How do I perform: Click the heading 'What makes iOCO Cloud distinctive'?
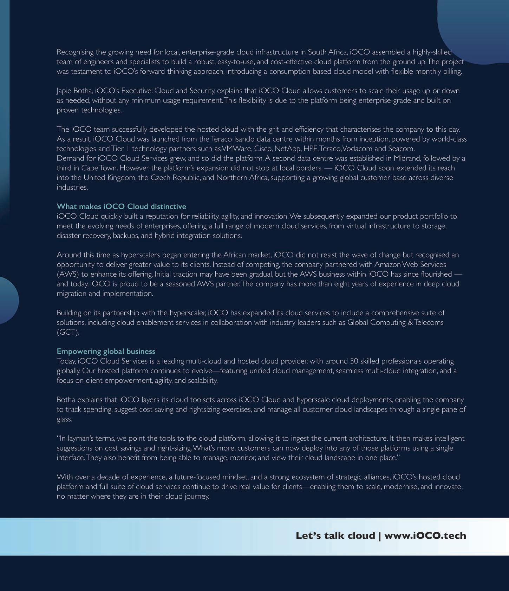coord(121,206)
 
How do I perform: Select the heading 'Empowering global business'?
coord(106,352)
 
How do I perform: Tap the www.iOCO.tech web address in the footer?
coord(425,536)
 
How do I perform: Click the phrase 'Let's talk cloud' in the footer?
coord(335,536)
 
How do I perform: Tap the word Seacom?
coord(401,149)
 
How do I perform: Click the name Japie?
coord(64,91)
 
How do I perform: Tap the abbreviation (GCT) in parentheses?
coord(68,332)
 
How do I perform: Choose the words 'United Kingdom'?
coord(109,178)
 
